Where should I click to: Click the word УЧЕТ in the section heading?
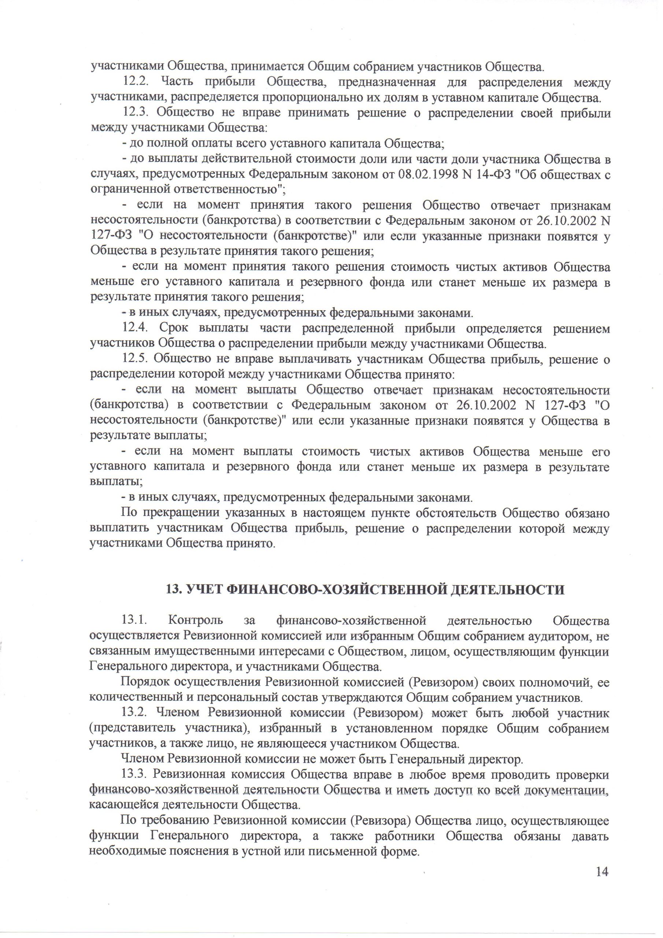[202, 590]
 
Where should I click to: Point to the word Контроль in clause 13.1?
[196, 621]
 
